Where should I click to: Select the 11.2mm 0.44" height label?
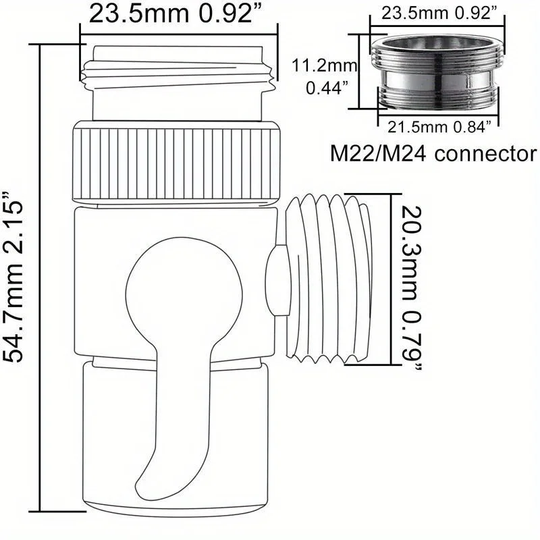coord(317,76)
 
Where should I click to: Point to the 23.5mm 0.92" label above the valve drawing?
coord(177,14)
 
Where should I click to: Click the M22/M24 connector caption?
coord(433,153)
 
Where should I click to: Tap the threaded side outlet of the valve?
coord(331,277)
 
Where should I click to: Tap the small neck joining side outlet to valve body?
coord(274,280)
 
